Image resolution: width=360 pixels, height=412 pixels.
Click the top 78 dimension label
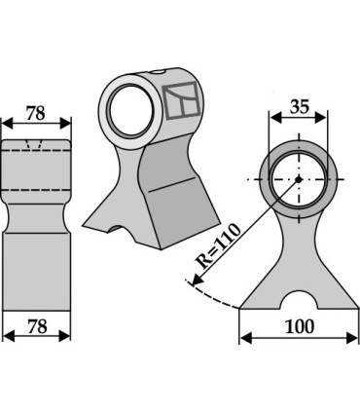tap(36, 114)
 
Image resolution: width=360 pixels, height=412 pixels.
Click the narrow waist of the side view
tap(36, 210)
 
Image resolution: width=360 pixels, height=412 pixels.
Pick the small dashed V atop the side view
tap(36, 147)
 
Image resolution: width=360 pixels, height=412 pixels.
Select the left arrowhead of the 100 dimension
tap(244, 336)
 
